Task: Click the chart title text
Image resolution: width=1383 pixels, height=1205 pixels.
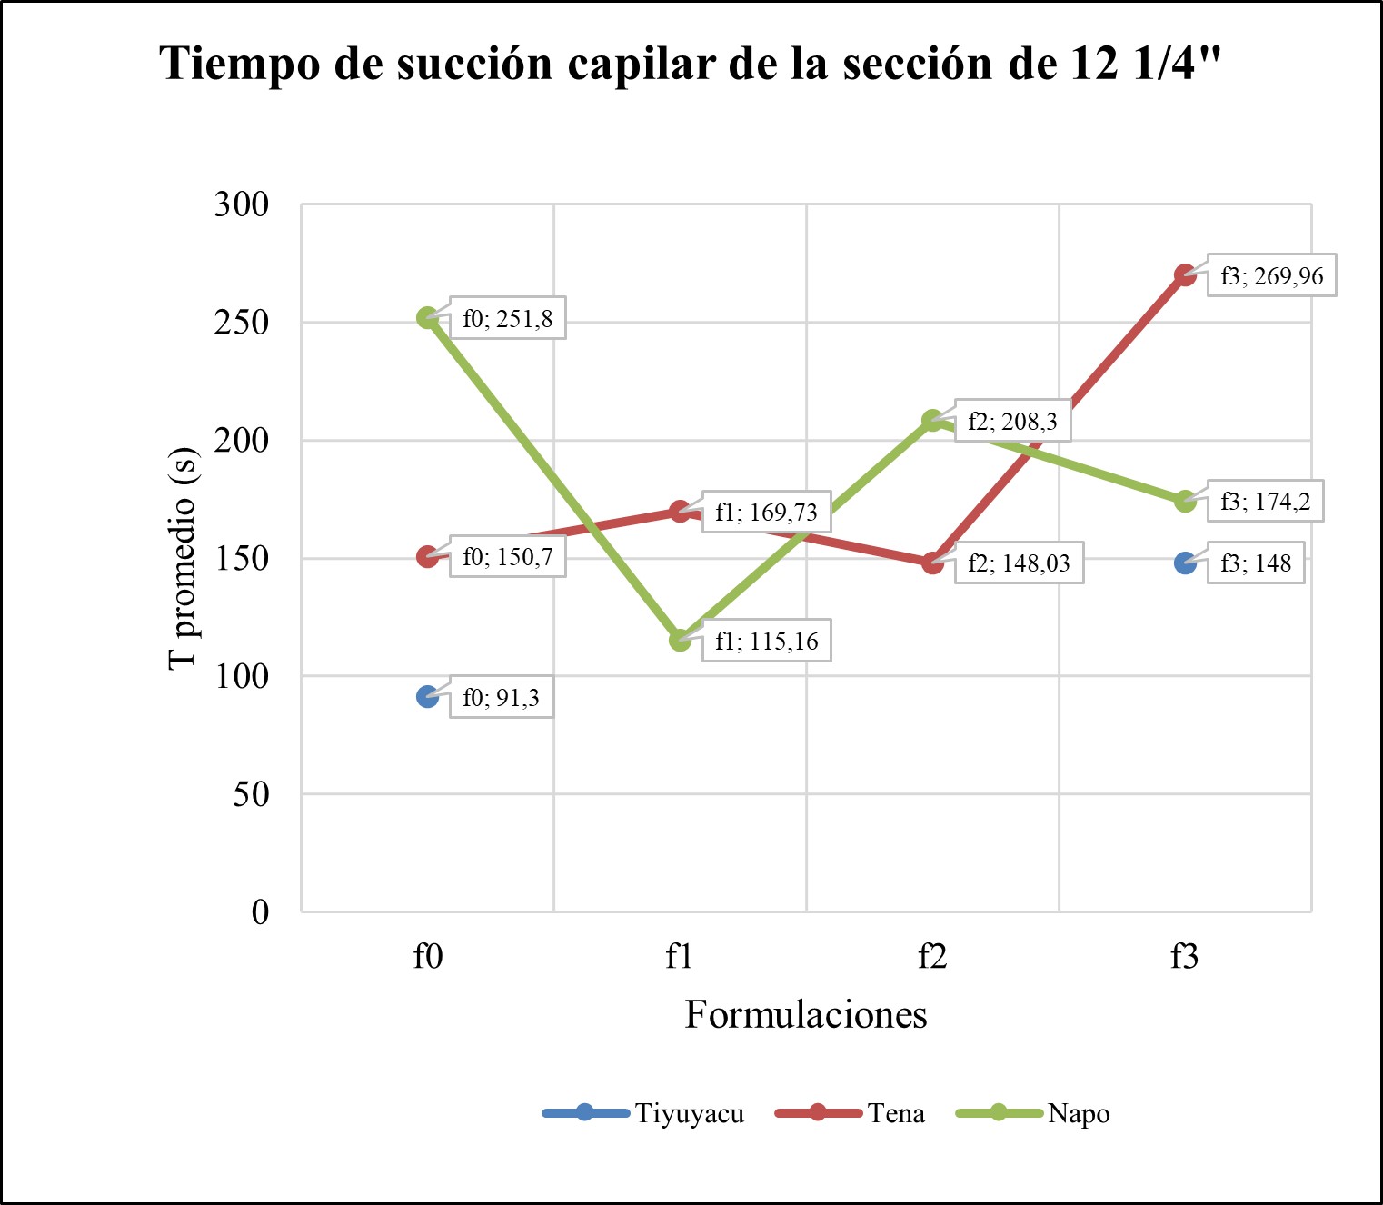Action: coord(691,64)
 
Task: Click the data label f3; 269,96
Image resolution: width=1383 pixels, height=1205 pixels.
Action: coord(1271,275)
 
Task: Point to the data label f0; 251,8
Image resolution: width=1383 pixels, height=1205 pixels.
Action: coord(507,318)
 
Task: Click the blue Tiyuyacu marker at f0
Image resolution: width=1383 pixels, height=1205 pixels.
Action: coord(427,697)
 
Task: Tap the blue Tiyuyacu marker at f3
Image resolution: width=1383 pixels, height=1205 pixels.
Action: coord(1185,563)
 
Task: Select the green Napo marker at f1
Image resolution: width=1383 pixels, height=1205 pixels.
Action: coord(680,641)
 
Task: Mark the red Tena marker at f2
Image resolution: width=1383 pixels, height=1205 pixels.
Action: coord(932,563)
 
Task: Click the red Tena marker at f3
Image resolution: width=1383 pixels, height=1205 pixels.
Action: coord(1185,275)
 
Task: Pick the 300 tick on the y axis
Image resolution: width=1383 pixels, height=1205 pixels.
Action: coord(242,204)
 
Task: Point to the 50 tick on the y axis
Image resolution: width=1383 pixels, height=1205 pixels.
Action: coord(251,794)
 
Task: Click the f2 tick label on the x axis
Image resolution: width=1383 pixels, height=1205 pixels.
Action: coord(932,956)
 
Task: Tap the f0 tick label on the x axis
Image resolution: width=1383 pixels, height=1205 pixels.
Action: coord(427,956)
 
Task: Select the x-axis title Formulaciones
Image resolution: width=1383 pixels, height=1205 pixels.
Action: coord(805,1014)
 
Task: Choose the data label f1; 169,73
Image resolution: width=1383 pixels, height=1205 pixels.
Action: coord(766,512)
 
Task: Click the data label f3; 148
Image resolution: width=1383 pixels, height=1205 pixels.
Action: coord(1256,563)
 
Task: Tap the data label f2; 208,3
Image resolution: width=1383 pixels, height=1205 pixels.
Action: coord(1012,422)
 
